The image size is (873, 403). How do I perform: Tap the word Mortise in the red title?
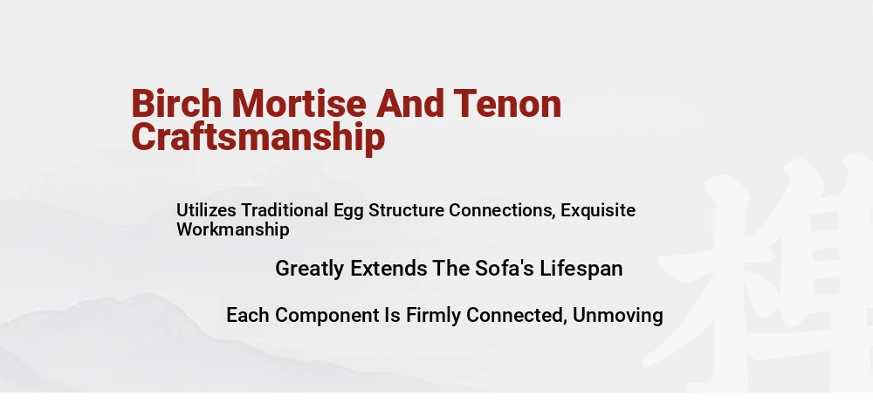299,104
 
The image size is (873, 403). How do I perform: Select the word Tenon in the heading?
507,104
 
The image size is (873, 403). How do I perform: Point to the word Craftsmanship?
258,138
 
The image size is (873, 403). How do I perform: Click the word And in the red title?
410,104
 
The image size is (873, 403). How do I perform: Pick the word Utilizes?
207,210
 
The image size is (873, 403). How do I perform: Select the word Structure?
407,210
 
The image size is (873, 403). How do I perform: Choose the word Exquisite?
598,211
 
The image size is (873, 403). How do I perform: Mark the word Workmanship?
233,230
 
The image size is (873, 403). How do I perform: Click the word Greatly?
310,270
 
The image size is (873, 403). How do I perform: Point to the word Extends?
388,269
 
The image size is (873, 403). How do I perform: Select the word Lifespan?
581,270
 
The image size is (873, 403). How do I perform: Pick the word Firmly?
433,316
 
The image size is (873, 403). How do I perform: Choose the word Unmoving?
617,315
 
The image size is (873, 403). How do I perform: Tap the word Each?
248,315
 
